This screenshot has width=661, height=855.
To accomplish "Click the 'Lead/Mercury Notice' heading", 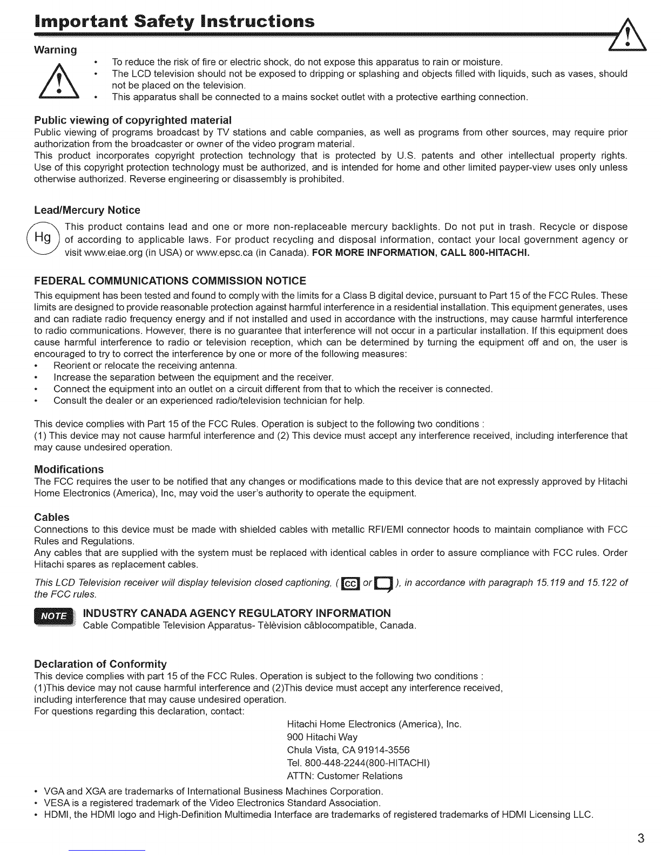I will [x=87, y=210].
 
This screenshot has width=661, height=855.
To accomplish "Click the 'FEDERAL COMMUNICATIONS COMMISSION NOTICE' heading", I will [x=170, y=281].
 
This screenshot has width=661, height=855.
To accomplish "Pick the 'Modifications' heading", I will [x=69, y=469].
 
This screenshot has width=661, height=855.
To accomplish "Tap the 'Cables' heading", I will [x=52, y=517].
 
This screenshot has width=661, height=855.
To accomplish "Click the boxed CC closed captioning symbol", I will [x=350, y=583].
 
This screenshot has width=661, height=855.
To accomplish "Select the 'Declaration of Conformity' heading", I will [x=100, y=663].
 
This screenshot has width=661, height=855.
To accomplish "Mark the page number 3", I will [x=640, y=838].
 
